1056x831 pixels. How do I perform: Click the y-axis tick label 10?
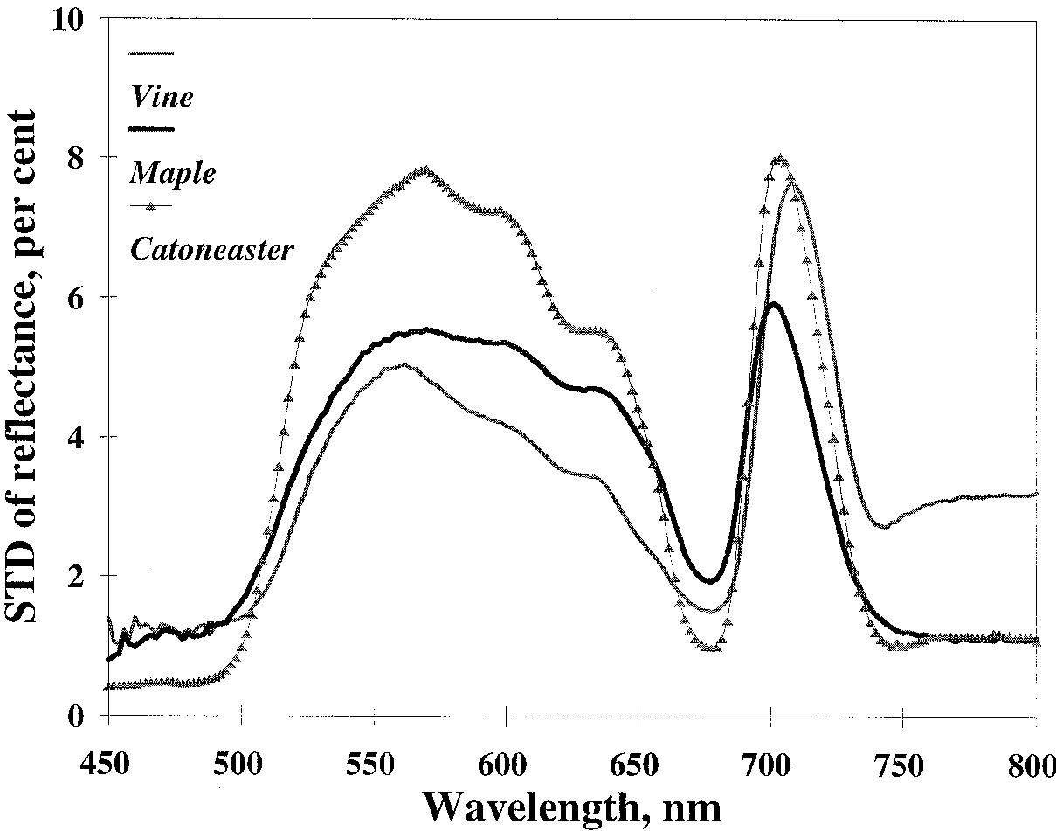pos(69,19)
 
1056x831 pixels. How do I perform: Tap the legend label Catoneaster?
pos(211,250)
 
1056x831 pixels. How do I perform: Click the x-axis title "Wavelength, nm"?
pos(572,806)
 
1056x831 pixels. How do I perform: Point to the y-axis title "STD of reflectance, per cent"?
pos(23,367)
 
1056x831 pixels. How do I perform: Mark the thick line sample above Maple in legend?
pos(151,128)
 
